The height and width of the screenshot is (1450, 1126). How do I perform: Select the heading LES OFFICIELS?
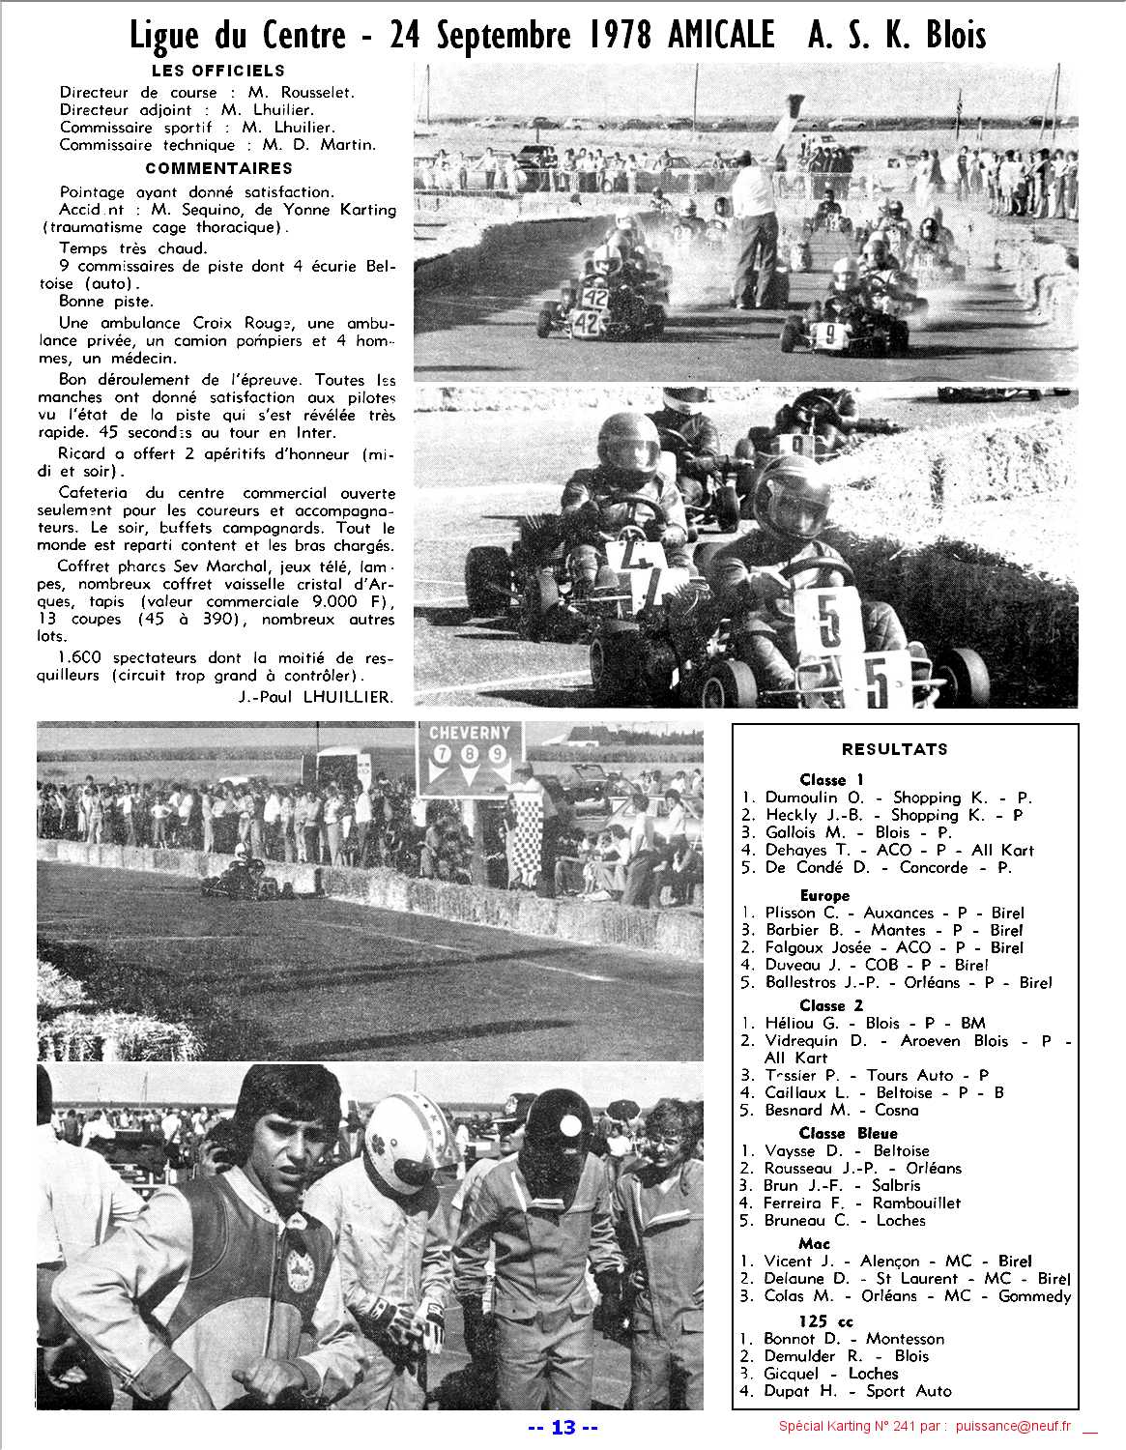(x=218, y=71)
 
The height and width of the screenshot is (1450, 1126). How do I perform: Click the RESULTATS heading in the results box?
(x=894, y=749)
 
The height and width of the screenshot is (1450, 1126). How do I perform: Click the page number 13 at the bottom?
(x=563, y=1428)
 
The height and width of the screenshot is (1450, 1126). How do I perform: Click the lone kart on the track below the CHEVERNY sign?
(x=232, y=875)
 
